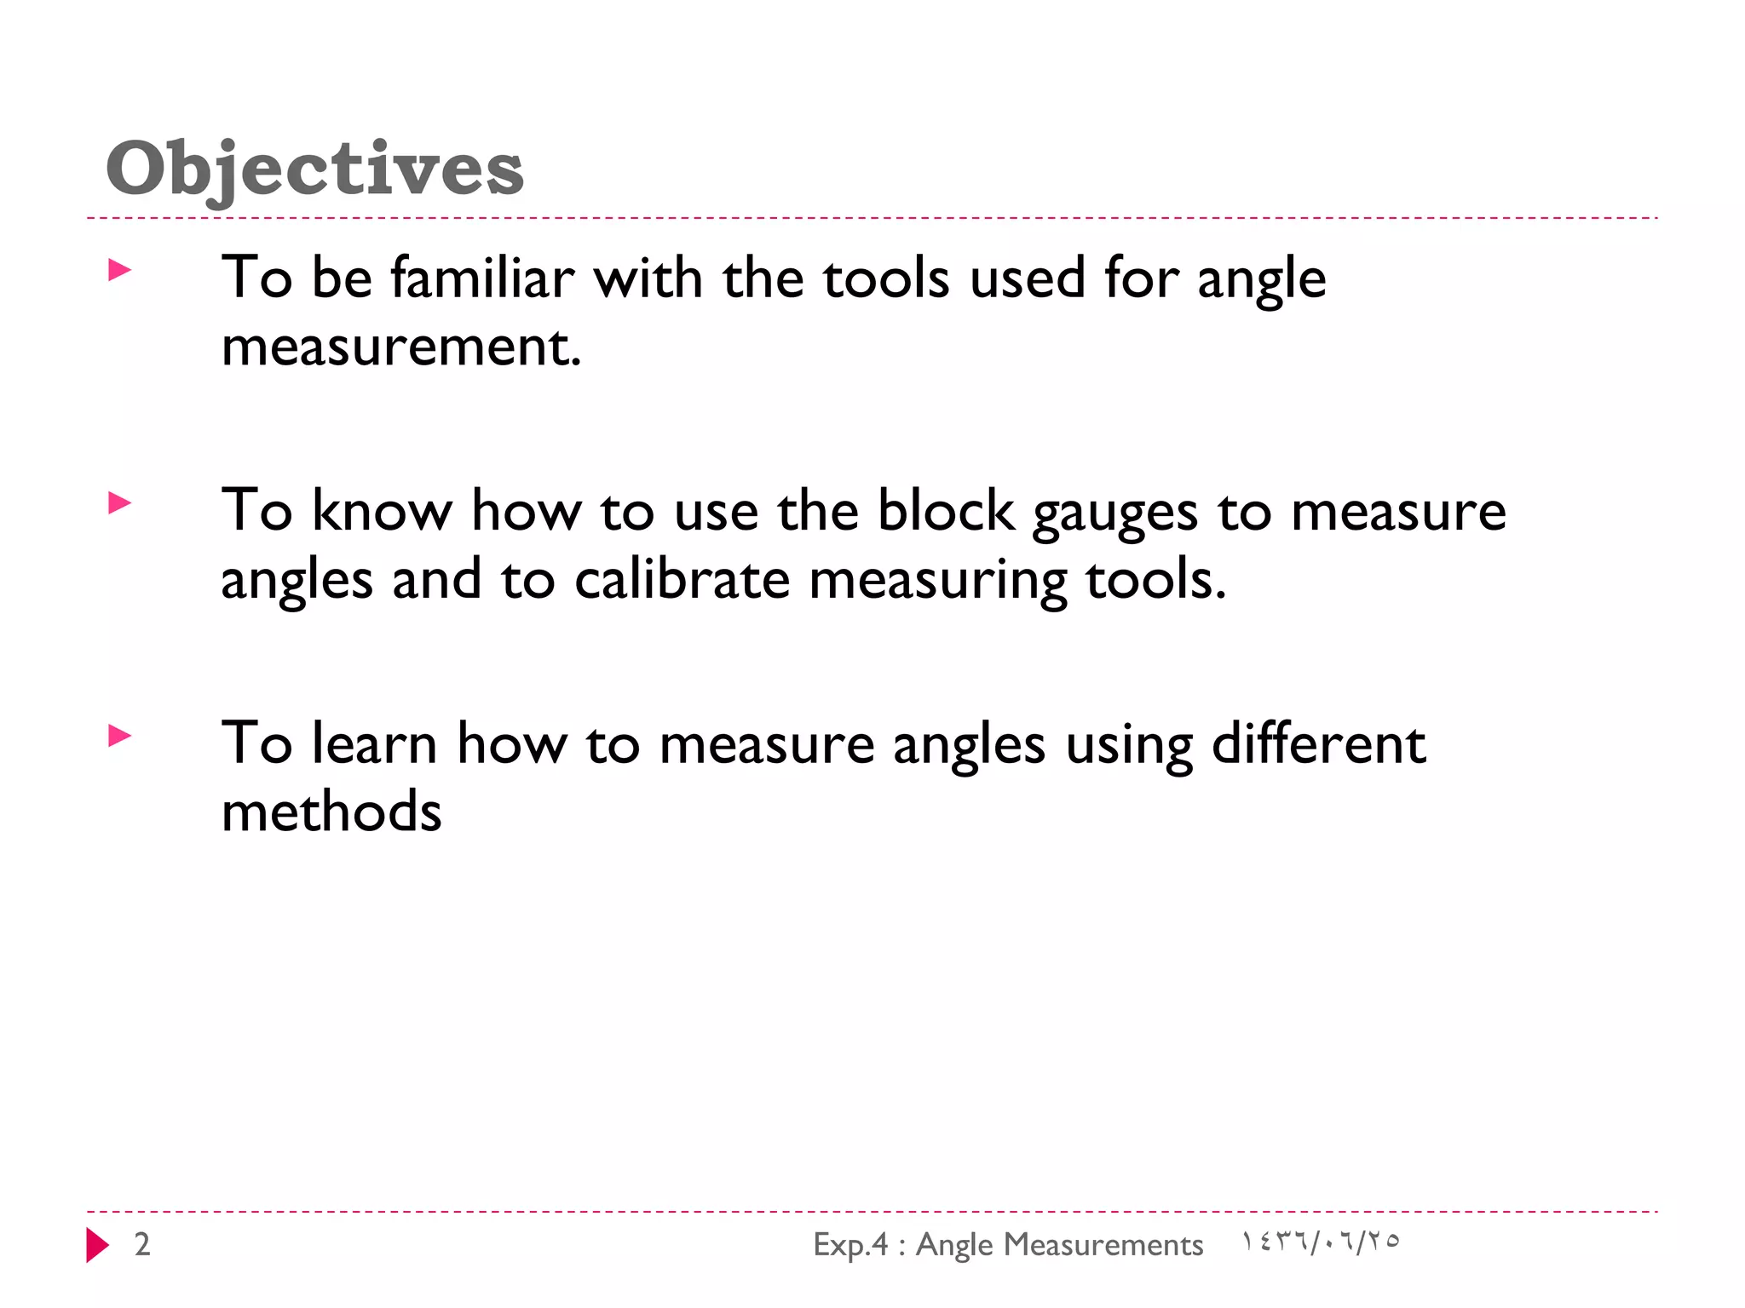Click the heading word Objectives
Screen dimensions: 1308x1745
tap(314, 169)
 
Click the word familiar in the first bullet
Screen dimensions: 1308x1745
tap(482, 278)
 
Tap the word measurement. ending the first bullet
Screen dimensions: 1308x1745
tap(401, 347)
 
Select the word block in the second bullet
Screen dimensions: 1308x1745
tap(946, 511)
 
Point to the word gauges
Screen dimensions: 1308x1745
tap(1114, 514)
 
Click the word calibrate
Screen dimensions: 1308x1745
tap(682, 580)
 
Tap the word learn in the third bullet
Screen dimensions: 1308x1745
tap(374, 743)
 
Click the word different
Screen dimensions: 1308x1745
tap(1318, 743)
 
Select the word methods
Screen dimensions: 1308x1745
tap(331, 812)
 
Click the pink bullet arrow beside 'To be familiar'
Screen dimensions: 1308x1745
tap(120, 271)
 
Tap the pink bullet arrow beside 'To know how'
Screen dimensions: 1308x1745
tap(120, 503)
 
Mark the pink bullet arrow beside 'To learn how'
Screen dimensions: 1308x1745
tap(120, 736)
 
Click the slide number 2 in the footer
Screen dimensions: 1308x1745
tap(142, 1245)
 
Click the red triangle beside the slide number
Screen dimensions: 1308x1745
tap(97, 1245)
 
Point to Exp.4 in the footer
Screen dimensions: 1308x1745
tap(850, 1245)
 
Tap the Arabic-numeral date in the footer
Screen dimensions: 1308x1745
tap(1320, 1242)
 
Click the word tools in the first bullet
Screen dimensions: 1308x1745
tap(886, 278)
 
